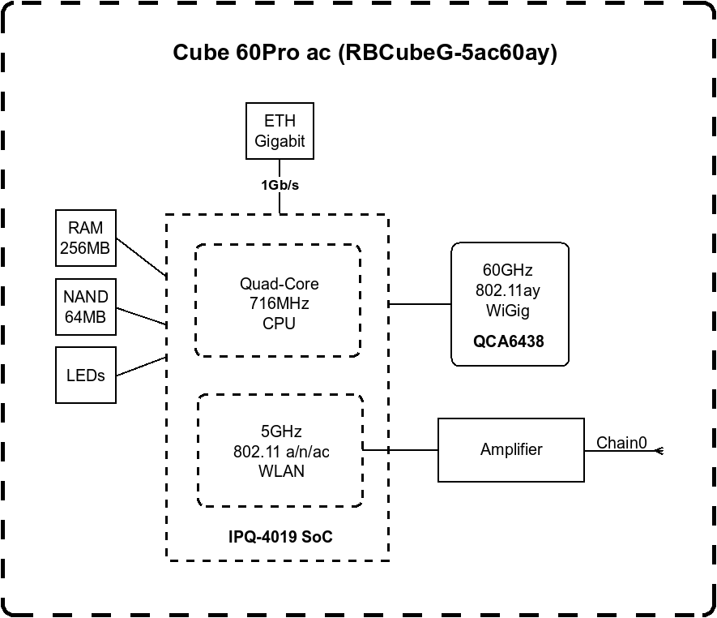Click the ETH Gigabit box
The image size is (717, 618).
[280, 131]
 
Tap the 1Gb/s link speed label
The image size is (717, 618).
[280, 185]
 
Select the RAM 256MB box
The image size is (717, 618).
[85, 238]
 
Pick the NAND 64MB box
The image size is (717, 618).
[85, 307]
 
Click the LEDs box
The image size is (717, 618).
[85, 375]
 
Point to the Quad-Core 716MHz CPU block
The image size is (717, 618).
[279, 303]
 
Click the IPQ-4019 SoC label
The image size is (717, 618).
[281, 537]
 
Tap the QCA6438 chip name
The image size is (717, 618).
[509, 341]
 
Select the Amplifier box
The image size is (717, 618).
[510, 449]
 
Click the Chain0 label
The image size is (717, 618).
[621, 443]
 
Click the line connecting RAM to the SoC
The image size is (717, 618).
[142, 258]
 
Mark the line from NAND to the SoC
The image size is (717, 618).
[142, 315]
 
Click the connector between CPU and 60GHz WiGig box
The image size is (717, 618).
[420, 304]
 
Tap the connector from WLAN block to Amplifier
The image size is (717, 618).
[401, 449]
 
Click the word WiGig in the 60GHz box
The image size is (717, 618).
[509, 310]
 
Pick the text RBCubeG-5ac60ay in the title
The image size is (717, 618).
[446, 54]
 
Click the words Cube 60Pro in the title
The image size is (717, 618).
[240, 54]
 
